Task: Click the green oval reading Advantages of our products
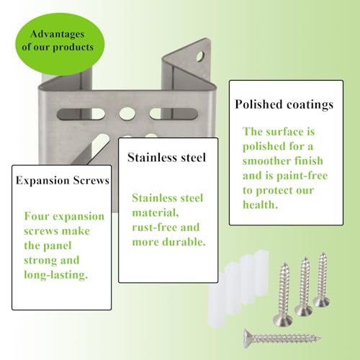(x=60, y=44)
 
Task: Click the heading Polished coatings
(x=284, y=104)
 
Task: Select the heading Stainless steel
(x=166, y=158)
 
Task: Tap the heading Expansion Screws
(x=63, y=181)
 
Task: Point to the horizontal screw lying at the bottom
(x=282, y=338)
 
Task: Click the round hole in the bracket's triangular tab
(x=200, y=57)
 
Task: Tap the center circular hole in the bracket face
(x=127, y=114)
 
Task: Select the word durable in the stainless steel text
(x=184, y=242)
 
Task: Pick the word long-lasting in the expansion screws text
(x=56, y=275)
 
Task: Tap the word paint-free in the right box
(x=302, y=176)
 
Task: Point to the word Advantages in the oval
(x=57, y=34)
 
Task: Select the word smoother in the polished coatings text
(x=266, y=161)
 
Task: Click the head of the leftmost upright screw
(x=283, y=320)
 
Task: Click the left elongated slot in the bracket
(x=81, y=114)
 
